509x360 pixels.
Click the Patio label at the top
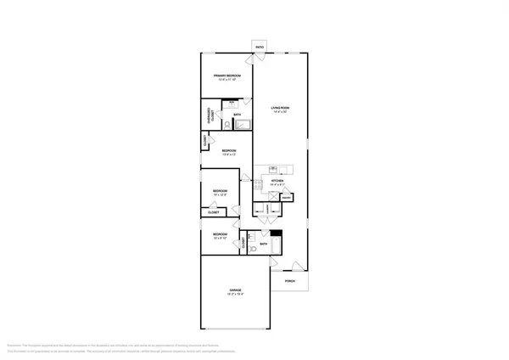(x=260, y=46)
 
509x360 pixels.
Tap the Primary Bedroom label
(x=227, y=78)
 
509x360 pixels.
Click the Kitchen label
(x=277, y=182)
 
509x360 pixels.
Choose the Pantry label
(x=288, y=197)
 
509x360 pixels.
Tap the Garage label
(x=235, y=293)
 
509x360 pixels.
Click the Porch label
(x=290, y=281)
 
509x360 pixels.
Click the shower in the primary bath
(x=243, y=125)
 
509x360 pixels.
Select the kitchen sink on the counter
(x=275, y=170)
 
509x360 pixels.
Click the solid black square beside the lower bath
(x=275, y=233)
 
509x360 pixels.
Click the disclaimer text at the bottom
(x=255, y=346)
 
